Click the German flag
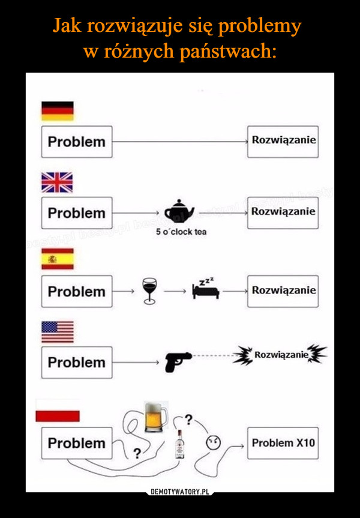coord(57,110)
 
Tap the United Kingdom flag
coord(57,182)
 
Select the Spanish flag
coord(57,259)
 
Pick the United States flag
coord(57,331)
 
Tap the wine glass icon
coord(149,292)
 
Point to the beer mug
coord(157,417)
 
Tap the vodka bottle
coord(179,446)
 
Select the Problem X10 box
coord(283,443)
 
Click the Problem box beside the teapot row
coord(77,213)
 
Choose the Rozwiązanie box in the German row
coord(283,141)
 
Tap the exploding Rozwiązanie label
coord(281,357)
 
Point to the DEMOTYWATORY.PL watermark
coord(180,492)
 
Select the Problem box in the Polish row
coord(77,444)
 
